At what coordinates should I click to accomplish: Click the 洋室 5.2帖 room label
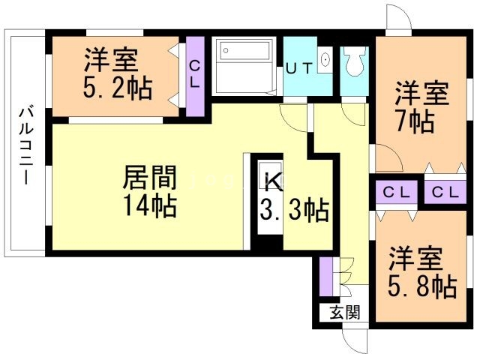[x=118, y=73]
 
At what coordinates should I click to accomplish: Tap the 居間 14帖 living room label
[x=150, y=191]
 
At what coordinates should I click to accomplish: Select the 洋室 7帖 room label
[x=421, y=106]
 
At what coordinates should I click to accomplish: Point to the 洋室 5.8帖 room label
[x=422, y=271]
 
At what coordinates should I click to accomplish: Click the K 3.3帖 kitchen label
[x=294, y=196]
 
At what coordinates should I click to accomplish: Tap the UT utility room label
[x=299, y=68]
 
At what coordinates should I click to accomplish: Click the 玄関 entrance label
[x=345, y=313]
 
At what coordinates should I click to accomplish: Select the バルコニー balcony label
[x=26, y=145]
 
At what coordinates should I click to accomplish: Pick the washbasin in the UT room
[x=325, y=59]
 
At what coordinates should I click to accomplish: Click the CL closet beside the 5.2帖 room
[x=195, y=76]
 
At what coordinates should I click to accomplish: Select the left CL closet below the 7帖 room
[x=397, y=192]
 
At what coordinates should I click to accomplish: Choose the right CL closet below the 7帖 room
[x=445, y=192]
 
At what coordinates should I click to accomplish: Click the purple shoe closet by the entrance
[x=325, y=277]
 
